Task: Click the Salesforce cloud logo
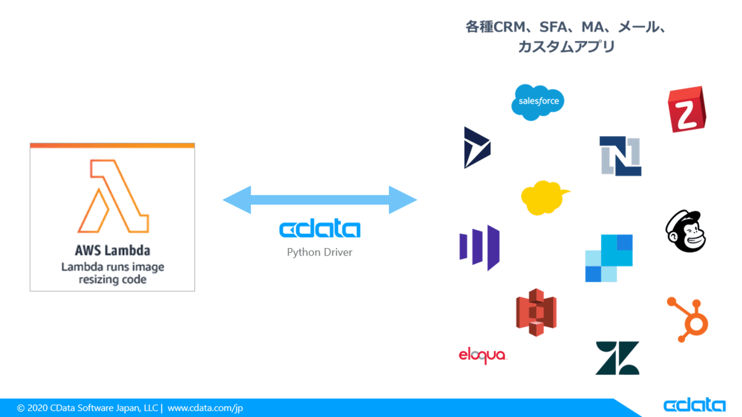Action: [538, 102]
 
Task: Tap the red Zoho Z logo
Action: [687, 110]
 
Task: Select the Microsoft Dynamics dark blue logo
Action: [477, 148]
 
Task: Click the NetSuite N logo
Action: [620, 156]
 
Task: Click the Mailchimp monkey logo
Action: [686, 231]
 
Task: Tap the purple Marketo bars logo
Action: [479, 247]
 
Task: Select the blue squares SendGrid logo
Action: [609, 258]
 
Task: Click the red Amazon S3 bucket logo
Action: [536, 312]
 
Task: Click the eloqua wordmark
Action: [482, 355]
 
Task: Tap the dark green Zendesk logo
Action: [617, 358]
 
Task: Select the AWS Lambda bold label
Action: [112, 251]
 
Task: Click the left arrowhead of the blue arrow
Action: [237, 200]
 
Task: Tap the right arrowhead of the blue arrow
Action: [403, 200]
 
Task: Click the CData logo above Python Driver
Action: [320, 230]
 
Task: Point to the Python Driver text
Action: [320, 252]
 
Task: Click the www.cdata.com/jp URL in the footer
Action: [205, 408]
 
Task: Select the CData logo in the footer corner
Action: [694, 405]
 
